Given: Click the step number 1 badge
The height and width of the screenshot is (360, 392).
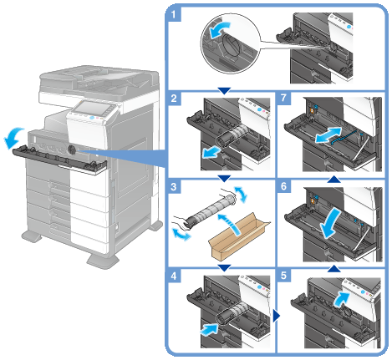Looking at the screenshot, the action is click(174, 14).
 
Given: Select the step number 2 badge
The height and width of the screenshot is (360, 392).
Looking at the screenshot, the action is click(174, 98).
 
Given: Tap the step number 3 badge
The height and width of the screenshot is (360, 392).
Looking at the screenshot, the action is click(174, 186).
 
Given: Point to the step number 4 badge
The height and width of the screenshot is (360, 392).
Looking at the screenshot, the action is click(174, 276).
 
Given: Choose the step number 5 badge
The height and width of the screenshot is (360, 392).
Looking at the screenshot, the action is click(283, 276).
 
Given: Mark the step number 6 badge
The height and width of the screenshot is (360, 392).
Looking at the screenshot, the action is click(283, 186).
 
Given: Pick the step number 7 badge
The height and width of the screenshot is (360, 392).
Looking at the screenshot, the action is click(283, 98).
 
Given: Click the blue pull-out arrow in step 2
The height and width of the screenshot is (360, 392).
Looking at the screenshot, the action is click(211, 152).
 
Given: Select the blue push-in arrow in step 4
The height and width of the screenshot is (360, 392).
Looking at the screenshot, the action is click(209, 329).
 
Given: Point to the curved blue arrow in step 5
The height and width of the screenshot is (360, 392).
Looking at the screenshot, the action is click(341, 300).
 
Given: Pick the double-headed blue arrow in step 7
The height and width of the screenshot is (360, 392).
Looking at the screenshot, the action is click(328, 135).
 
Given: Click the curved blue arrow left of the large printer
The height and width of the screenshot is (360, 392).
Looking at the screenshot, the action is click(14, 137).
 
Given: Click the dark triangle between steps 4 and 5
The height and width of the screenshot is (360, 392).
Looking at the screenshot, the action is click(276, 316).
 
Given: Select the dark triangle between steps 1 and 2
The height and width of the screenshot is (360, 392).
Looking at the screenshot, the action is click(224, 91).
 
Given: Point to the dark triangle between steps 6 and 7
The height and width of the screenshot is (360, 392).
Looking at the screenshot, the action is click(333, 179).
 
